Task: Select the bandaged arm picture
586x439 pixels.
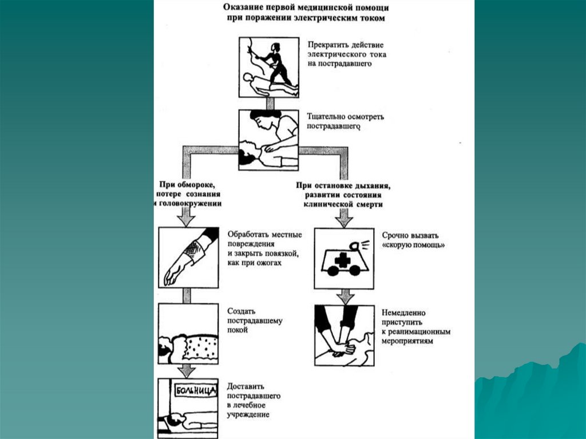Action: (x=188, y=257)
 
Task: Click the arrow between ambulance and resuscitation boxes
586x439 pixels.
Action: (x=343, y=296)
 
